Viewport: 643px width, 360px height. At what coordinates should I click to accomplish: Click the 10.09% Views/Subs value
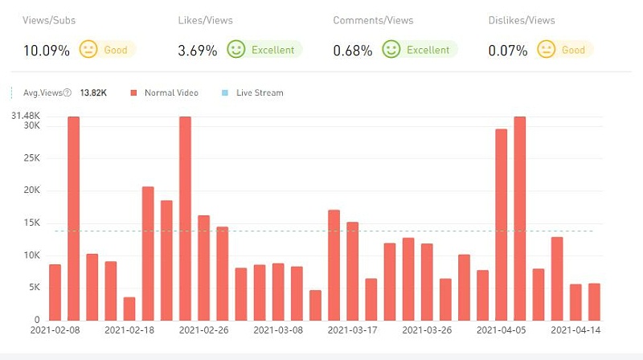(x=46, y=50)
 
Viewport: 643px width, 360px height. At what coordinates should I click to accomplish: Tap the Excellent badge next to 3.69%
(x=264, y=50)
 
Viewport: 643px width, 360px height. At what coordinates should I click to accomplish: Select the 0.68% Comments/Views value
(x=353, y=50)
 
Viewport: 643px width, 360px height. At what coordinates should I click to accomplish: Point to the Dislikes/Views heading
(x=521, y=20)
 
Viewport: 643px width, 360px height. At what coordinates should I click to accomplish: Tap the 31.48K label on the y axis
(x=26, y=117)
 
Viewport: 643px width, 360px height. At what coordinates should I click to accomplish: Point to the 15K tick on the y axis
(x=31, y=223)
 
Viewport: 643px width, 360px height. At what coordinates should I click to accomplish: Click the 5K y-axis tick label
(x=32, y=288)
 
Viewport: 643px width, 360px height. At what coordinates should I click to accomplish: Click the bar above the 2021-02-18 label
(x=129, y=309)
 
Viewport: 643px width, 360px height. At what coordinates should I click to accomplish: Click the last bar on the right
(x=594, y=301)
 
